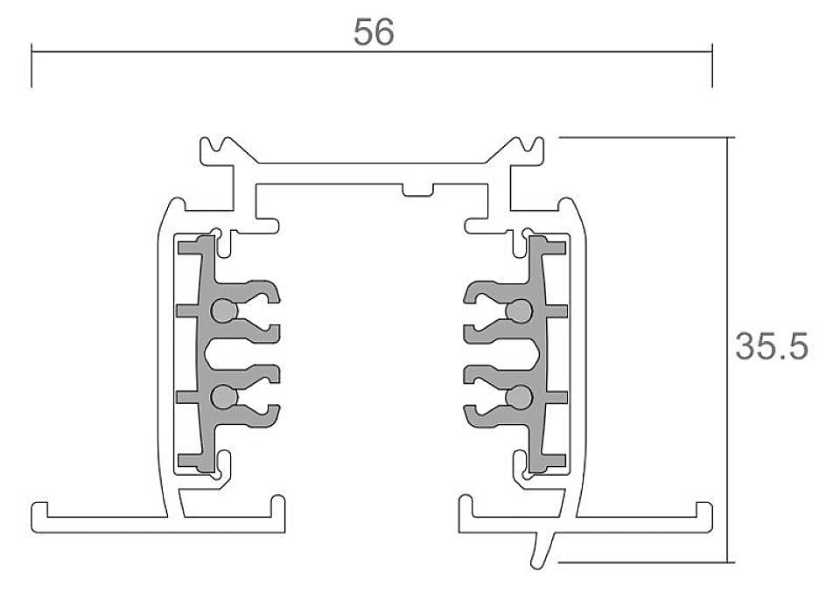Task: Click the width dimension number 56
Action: tap(374, 32)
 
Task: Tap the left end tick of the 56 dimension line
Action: tap(32, 66)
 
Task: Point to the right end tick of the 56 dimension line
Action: tap(712, 66)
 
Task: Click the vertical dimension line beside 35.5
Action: tap(729, 350)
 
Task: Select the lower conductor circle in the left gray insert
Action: tap(224, 398)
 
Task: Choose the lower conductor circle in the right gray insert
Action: tap(520, 398)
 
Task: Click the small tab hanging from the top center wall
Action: tap(415, 190)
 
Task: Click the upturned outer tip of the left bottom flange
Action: tap(38, 510)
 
